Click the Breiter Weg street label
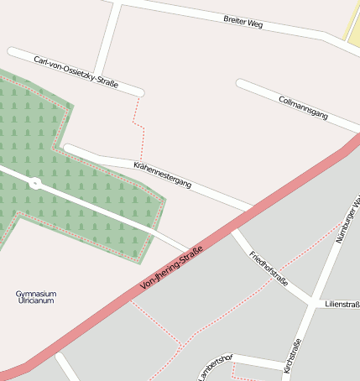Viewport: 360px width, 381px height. [x=243, y=21]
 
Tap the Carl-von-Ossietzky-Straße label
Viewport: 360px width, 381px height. [x=76, y=72]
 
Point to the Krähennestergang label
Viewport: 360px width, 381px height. [x=163, y=173]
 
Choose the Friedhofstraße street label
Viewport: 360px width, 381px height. [x=269, y=268]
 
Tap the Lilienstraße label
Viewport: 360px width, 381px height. [x=342, y=304]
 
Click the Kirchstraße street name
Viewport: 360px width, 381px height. [x=291, y=356]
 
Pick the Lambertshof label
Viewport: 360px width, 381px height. [x=215, y=367]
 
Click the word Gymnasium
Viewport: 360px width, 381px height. [x=36, y=294]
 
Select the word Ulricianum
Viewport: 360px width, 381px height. [x=36, y=300]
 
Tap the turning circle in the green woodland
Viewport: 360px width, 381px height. [x=35, y=183]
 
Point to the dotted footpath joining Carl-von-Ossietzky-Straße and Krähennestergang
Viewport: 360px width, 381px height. [x=138, y=126]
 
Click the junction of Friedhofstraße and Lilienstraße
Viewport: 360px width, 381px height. [x=314, y=301]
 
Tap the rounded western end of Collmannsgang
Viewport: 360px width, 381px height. [x=241, y=83]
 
